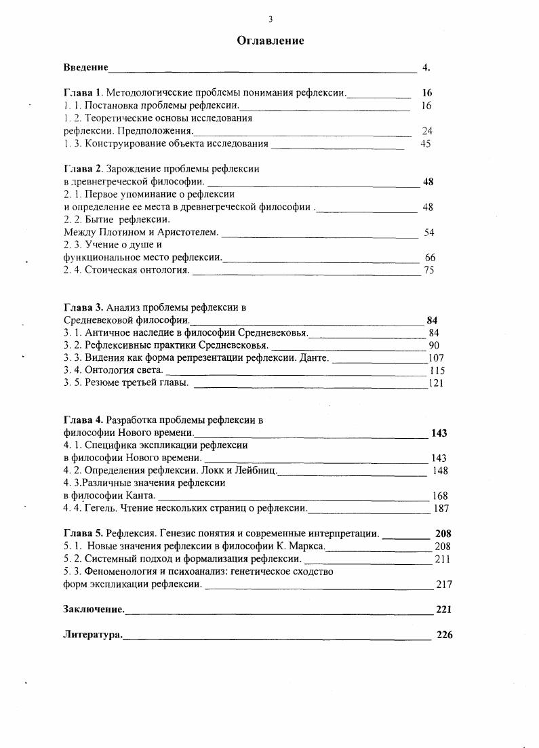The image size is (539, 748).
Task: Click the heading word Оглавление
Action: pyautogui.click(x=270, y=41)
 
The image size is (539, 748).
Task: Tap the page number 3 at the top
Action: pyautogui.click(x=270, y=19)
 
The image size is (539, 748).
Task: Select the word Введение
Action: pyautogui.click(x=85, y=67)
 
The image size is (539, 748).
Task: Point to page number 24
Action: pyautogui.click(x=426, y=131)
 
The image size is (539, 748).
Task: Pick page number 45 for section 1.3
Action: pyautogui.click(x=425, y=144)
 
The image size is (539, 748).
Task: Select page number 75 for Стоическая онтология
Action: pyautogui.click(x=428, y=270)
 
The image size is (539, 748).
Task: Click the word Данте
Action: pyautogui.click(x=314, y=357)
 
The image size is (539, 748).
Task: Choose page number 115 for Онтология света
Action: pyautogui.click(x=437, y=370)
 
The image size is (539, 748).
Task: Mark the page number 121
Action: pyautogui.click(x=436, y=383)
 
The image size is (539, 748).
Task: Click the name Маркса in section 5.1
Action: pyautogui.click(x=305, y=546)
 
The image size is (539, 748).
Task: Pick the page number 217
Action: pyautogui.click(x=444, y=584)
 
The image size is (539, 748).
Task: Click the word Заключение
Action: pyautogui.click(x=94, y=609)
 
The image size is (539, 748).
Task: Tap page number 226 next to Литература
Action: pyautogui.click(x=444, y=635)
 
